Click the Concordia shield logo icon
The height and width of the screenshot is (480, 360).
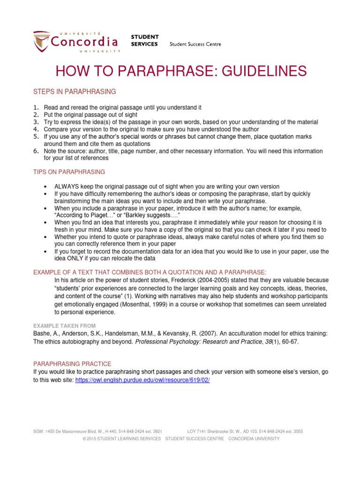tap(40, 42)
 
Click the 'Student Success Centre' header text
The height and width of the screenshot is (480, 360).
tap(195, 45)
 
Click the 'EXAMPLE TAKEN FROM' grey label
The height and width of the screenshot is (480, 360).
tap(64, 325)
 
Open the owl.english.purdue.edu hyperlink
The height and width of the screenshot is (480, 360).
tap(142, 380)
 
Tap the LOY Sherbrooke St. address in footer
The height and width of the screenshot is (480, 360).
tap(245, 431)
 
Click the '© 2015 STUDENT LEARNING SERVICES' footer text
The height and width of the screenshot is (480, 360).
tap(121, 439)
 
